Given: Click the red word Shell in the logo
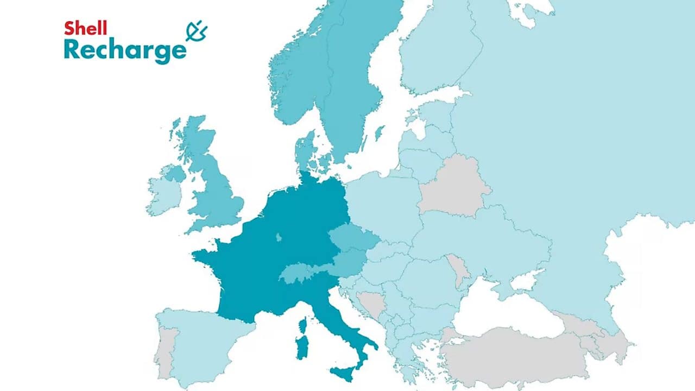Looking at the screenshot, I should (x=85, y=28).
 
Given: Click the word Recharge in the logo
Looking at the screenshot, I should (x=124, y=50).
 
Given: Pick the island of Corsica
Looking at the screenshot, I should (x=303, y=326).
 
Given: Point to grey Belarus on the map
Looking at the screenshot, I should (x=453, y=187).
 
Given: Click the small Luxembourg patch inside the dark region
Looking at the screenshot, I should (x=279, y=237).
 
